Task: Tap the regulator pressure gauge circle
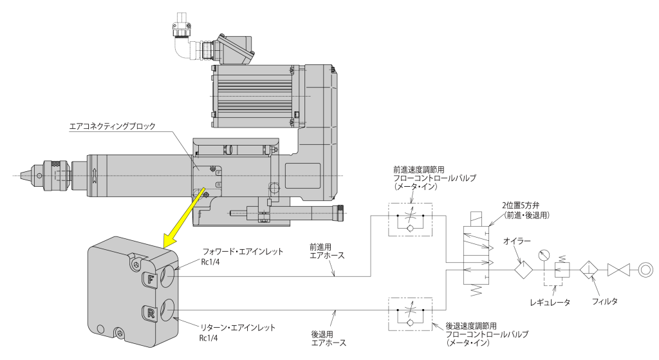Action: point(545,254)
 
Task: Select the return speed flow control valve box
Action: point(411,312)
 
